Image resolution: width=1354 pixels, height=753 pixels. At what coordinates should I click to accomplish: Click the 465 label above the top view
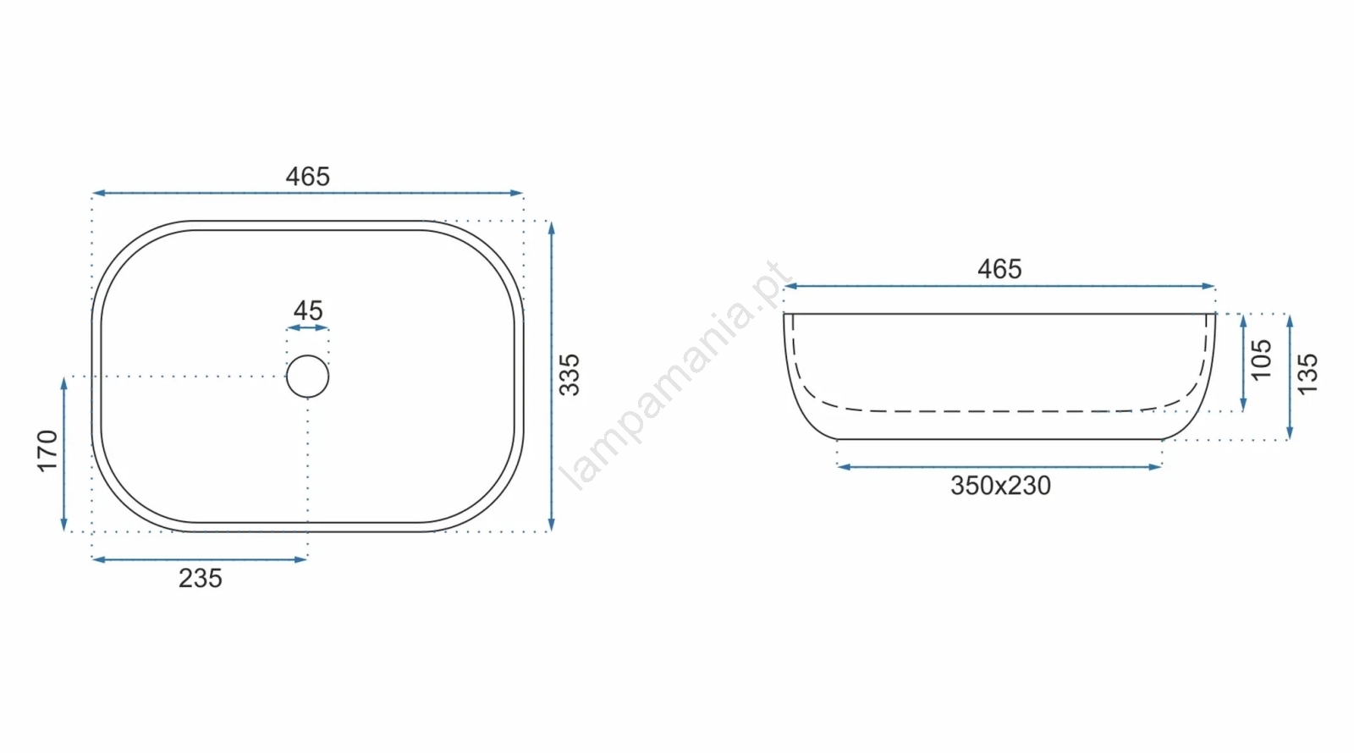pyautogui.click(x=308, y=177)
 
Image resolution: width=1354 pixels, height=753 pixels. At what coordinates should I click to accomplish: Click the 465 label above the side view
pyautogui.click(x=999, y=269)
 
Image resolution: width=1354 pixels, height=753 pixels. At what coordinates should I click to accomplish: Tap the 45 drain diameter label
pyautogui.click(x=308, y=311)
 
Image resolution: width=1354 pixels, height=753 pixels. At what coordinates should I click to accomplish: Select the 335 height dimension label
pyautogui.click(x=570, y=376)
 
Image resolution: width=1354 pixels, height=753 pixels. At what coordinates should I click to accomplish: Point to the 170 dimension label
pyautogui.click(x=47, y=451)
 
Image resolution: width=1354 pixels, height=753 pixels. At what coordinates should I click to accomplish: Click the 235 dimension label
pyautogui.click(x=201, y=579)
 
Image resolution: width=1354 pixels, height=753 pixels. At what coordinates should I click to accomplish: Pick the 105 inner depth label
pyautogui.click(x=1262, y=360)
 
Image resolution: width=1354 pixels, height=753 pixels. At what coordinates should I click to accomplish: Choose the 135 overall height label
pyautogui.click(x=1307, y=375)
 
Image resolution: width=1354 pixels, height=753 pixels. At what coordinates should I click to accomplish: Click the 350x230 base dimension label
pyautogui.click(x=1001, y=486)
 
